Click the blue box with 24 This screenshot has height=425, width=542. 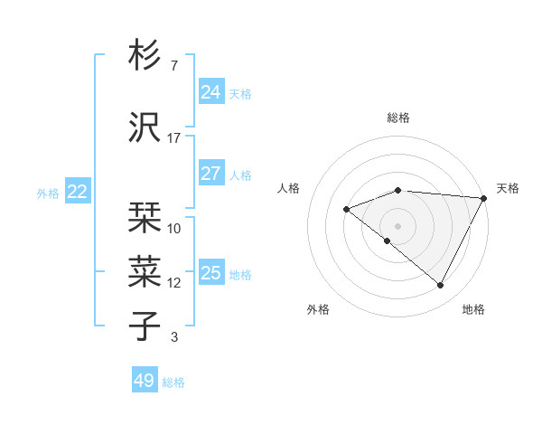click(210, 92)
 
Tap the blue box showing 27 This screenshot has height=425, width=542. click(210, 174)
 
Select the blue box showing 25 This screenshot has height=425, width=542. click(210, 273)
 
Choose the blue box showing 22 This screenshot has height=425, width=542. click(77, 192)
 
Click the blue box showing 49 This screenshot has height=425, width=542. click(144, 381)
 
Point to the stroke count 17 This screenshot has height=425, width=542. click(174, 137)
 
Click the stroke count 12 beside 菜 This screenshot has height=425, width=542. click(174, 282)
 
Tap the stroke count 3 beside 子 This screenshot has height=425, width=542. click(174, 337)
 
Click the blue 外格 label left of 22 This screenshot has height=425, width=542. click(48, 193)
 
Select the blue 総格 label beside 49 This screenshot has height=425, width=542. click(173, 382)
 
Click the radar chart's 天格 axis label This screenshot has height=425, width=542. click(508, 188)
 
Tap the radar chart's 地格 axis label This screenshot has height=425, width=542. click(473, 309)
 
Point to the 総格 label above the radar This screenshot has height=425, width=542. click(398, 118)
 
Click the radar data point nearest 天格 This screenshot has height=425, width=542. click(485, 198)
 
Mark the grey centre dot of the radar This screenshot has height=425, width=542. click(397, 225)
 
